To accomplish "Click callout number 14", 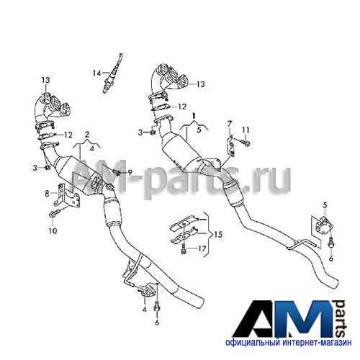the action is [97, 73].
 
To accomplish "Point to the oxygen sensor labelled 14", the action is [112, 73].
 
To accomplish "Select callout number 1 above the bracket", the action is [194, 116].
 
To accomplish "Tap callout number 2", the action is [87, 135].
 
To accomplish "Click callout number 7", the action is [230, 124].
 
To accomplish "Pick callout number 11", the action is [246, 130].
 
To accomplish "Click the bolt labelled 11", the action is [243, 143].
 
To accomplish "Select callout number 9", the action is [130, 172].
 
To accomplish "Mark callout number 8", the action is [47, 193].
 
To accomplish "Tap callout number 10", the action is [53, 230].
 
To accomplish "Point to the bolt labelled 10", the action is [55, 213].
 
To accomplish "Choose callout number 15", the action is [218, 234].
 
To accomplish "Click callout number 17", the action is [202, 248].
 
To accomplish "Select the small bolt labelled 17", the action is [184, 250].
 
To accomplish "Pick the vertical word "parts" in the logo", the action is [341, 318].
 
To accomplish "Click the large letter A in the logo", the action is [256, 318].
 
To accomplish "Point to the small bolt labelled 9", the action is [117, 171].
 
